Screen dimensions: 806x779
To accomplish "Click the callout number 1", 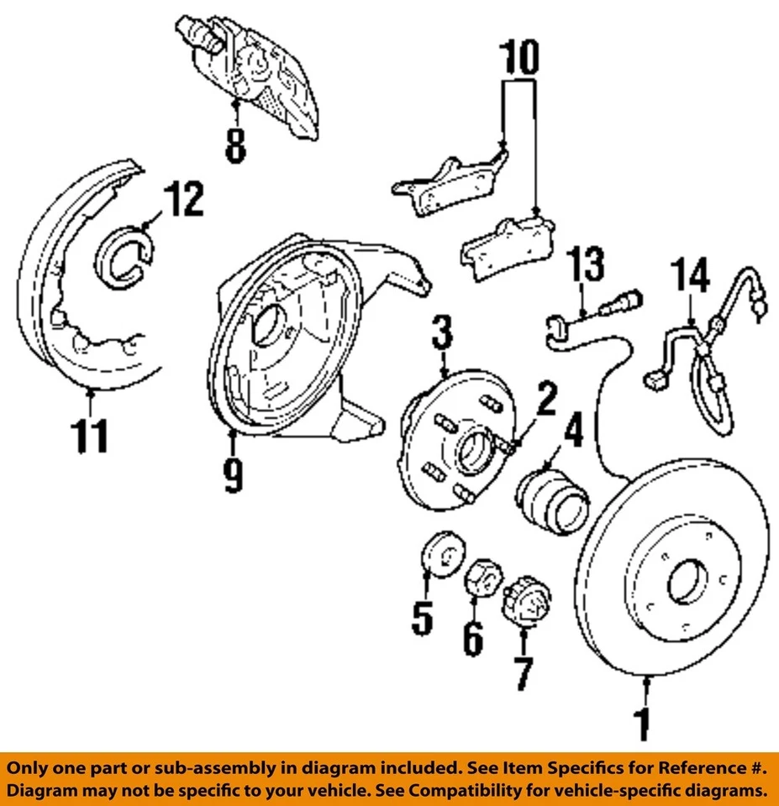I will point(644,725).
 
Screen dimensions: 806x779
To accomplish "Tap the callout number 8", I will point(236,144).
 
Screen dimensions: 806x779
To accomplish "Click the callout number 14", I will point(692,278).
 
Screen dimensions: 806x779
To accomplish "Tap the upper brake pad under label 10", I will point(450,186).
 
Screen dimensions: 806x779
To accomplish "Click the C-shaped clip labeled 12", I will point(124,255).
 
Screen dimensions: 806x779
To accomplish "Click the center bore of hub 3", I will point(473,450).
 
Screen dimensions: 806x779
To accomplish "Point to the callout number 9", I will point(234,475).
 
